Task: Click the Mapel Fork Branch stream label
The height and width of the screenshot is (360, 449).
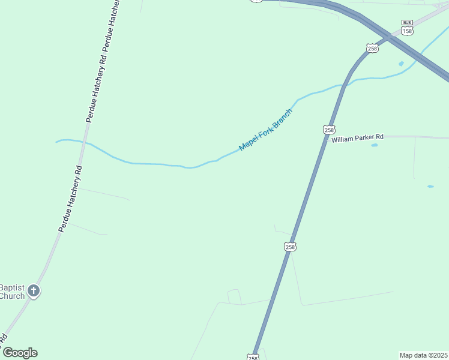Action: pos(265,130)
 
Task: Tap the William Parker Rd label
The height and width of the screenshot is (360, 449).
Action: pos(357,140)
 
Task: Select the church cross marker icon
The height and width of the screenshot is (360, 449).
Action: pos(34,292)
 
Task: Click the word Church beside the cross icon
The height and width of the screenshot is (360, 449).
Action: pos(12,296)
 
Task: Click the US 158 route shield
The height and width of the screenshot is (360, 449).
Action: pos(407,31)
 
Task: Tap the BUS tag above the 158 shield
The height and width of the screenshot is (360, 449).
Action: pos(407,22)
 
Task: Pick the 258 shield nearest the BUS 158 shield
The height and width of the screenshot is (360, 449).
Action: pos(373,49)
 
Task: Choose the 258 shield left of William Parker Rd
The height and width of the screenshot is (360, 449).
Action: pos(328,130)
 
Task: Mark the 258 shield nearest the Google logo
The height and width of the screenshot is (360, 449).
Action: pos(253,358)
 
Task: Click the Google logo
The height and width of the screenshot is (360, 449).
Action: pos(20,353)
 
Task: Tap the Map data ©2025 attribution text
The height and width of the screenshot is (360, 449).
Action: pos(423,355)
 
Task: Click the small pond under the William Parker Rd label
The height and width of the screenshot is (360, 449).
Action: pos(375,145)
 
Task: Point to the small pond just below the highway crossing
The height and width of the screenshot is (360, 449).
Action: pos(401,64)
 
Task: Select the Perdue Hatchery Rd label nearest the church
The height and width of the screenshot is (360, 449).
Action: pos(70,198)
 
